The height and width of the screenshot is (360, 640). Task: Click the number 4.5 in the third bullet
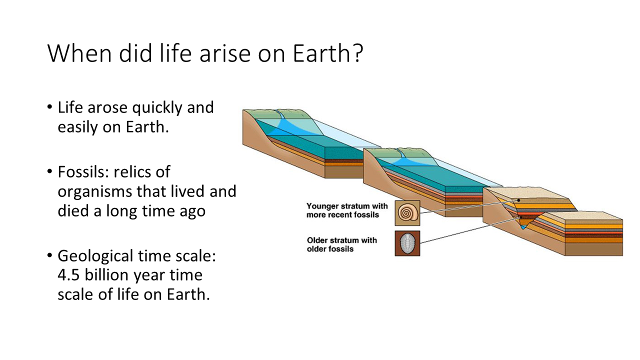pos(68,275)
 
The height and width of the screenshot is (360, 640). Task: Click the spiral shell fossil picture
pos(407,213)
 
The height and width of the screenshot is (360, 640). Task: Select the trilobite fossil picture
pos(407,243)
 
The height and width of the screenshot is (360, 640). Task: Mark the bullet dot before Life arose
pos(50,107)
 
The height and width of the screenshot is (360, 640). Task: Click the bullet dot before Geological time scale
pos(50,255)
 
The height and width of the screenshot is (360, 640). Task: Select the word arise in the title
pos(225,53)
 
